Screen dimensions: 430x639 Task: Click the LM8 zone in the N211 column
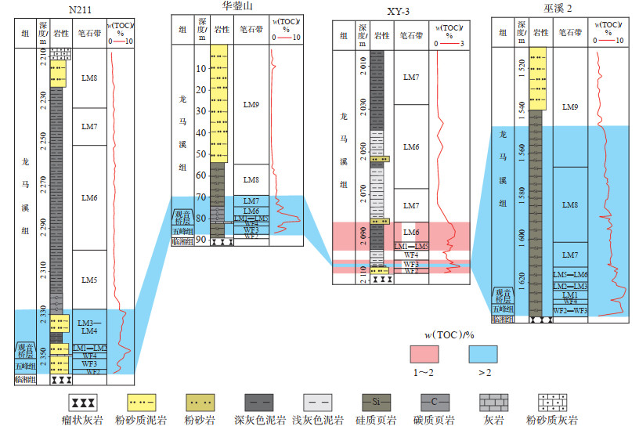click(88, 78)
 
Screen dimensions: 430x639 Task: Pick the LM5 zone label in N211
click(88, 280)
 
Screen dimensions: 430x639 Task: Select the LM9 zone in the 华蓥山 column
click(251, 104)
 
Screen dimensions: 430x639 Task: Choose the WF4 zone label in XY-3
click(411, 255)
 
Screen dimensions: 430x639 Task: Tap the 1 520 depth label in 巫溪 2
click(522, 67)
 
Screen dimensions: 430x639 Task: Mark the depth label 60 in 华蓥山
click(200, 175)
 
